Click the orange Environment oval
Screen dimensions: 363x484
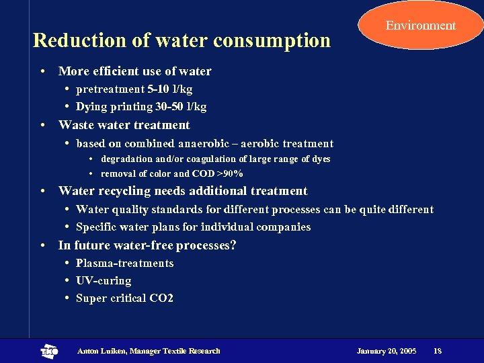[420, 26]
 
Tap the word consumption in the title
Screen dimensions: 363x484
[272, 40]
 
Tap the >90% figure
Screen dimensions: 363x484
[229, 173]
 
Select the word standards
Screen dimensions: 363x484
[177, 210]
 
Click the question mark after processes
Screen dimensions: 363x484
[233, 245]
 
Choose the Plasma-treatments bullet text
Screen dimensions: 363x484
[124, 263]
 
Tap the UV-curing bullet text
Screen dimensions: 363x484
[104, 280]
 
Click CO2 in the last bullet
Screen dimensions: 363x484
[162, 298]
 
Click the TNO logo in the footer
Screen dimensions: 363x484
[49, 351]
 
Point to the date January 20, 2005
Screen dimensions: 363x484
[387, 351]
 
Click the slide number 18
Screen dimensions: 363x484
[438, 351]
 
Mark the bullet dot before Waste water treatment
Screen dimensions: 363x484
[42, 126]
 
